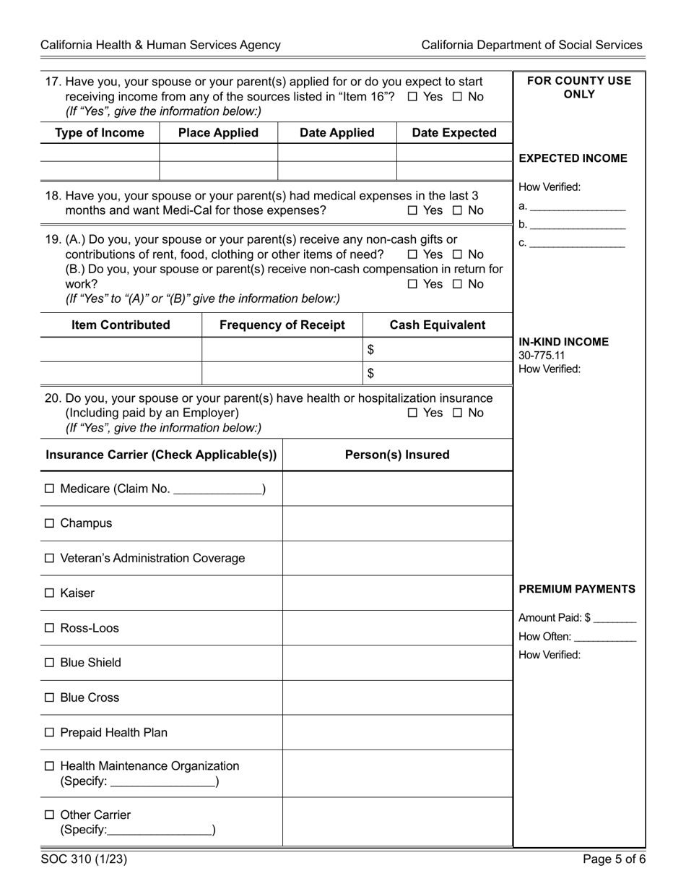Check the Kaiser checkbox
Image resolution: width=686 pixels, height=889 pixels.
click(49, 593)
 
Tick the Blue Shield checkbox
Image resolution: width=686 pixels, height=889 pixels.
click(49, 663)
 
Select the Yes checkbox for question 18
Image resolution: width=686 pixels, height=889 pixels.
click(412, 210)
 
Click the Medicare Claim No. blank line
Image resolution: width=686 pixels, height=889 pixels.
click(218, 490)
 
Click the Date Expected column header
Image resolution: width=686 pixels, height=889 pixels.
click(454, 133)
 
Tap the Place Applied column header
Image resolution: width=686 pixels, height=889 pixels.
click(218, 133)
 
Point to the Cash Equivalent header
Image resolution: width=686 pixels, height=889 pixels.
click(438, 325)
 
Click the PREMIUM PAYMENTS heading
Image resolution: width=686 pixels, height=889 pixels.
click(577, 589)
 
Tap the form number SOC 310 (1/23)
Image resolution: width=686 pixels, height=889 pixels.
click(84, 859)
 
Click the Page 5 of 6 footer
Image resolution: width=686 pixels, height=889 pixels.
click(612, 859)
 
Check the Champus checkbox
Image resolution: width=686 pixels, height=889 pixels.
click(49, 523)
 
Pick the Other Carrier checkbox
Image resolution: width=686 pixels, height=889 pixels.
click(49, 815)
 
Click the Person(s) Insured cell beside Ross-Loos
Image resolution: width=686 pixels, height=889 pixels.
click(397, 628)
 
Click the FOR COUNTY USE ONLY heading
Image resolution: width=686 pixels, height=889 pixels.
click(579, 87)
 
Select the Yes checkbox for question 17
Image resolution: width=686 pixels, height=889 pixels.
click(412, 97)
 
